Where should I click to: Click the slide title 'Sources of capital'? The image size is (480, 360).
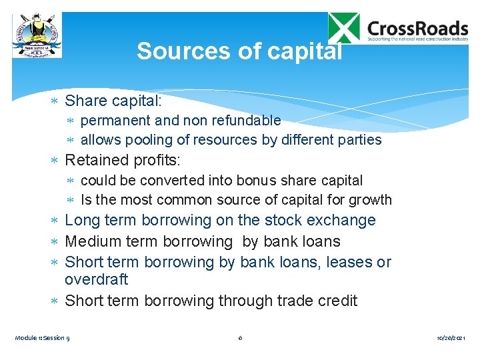(x=239, y=51)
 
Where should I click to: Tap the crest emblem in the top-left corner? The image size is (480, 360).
(x=37, y=35)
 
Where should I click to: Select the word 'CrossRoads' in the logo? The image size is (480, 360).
(x=418, y=28)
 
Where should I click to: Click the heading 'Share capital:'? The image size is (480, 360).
(x=113, y=101)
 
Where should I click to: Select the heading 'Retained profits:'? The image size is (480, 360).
(x=123, y=160)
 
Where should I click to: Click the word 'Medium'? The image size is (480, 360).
(x=93, y=241)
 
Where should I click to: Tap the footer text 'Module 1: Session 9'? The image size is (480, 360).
(x=43, y=338)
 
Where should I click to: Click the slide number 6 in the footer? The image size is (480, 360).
(x=240, y=338)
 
